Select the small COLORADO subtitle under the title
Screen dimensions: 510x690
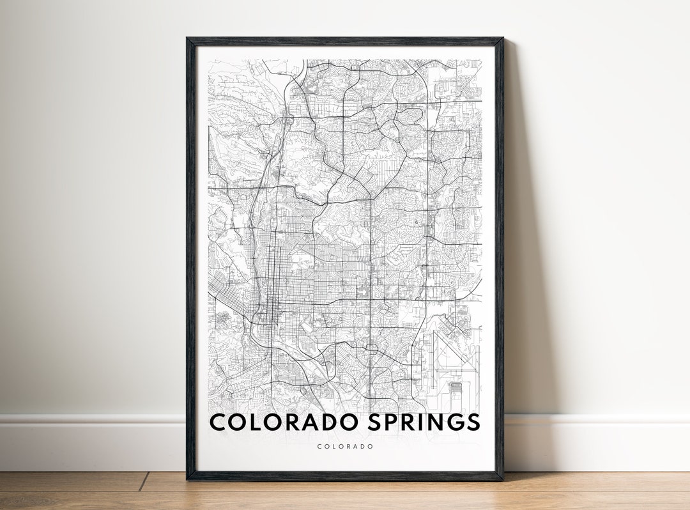click(345, 447)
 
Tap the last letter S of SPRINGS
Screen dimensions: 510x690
click(473, 422)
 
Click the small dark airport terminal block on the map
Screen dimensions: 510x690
click(455, 387)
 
